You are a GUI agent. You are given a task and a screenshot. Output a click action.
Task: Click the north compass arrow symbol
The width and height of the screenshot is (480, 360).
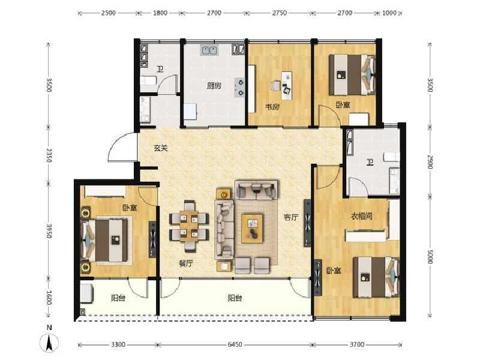(x=50, y=341)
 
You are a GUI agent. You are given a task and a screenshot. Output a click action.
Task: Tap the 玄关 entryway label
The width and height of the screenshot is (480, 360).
(x=160, y=148)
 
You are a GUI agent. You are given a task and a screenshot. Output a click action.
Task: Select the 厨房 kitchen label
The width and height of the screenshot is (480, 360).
(x=214, y=86)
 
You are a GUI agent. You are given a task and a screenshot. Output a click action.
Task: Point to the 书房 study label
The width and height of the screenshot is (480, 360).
(x=272, y=107)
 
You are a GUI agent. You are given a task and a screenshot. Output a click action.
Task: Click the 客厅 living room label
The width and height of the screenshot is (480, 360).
(x=291, y=217)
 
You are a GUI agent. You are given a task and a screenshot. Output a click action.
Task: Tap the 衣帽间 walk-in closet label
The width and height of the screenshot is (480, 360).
(x=362, y=216)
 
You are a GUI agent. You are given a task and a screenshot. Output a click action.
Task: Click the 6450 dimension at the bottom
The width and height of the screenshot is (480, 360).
(x=235, y=345)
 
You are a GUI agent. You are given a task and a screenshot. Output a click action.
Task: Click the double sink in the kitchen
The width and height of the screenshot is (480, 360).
(x=209, y=50)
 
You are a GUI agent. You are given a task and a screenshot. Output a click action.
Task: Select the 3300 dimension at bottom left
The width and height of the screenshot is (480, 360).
(x=118, y=345)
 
